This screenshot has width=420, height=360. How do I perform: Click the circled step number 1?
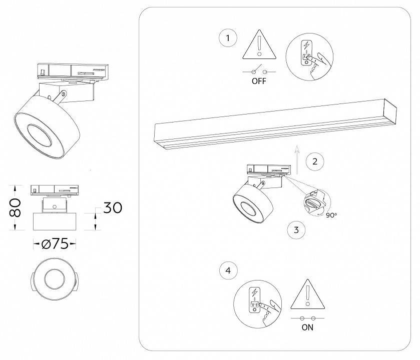tap(228, 38)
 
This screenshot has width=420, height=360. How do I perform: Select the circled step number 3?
tap(296, 230)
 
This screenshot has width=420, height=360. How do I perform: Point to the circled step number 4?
tap(228, 270)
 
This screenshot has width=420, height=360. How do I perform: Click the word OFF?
tap(259, 82)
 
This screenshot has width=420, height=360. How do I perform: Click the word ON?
tap(308, 328)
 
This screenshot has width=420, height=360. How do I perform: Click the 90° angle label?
tap(331, 215)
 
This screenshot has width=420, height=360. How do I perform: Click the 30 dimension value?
tap(113, 207)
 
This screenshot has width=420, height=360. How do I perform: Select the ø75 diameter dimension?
tap(55, 244)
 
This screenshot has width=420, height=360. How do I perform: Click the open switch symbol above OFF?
tap(259, 71)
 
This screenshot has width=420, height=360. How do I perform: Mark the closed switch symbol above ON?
tap(308, 317)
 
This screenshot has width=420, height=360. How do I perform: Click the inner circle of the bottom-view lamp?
tap(54, 279)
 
